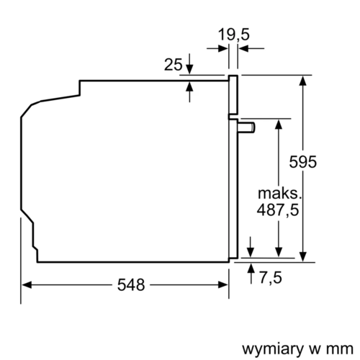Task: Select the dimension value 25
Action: (x=173, y=65)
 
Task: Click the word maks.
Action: (x=276, y=192)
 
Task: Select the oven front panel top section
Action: (x=233, y=94)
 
